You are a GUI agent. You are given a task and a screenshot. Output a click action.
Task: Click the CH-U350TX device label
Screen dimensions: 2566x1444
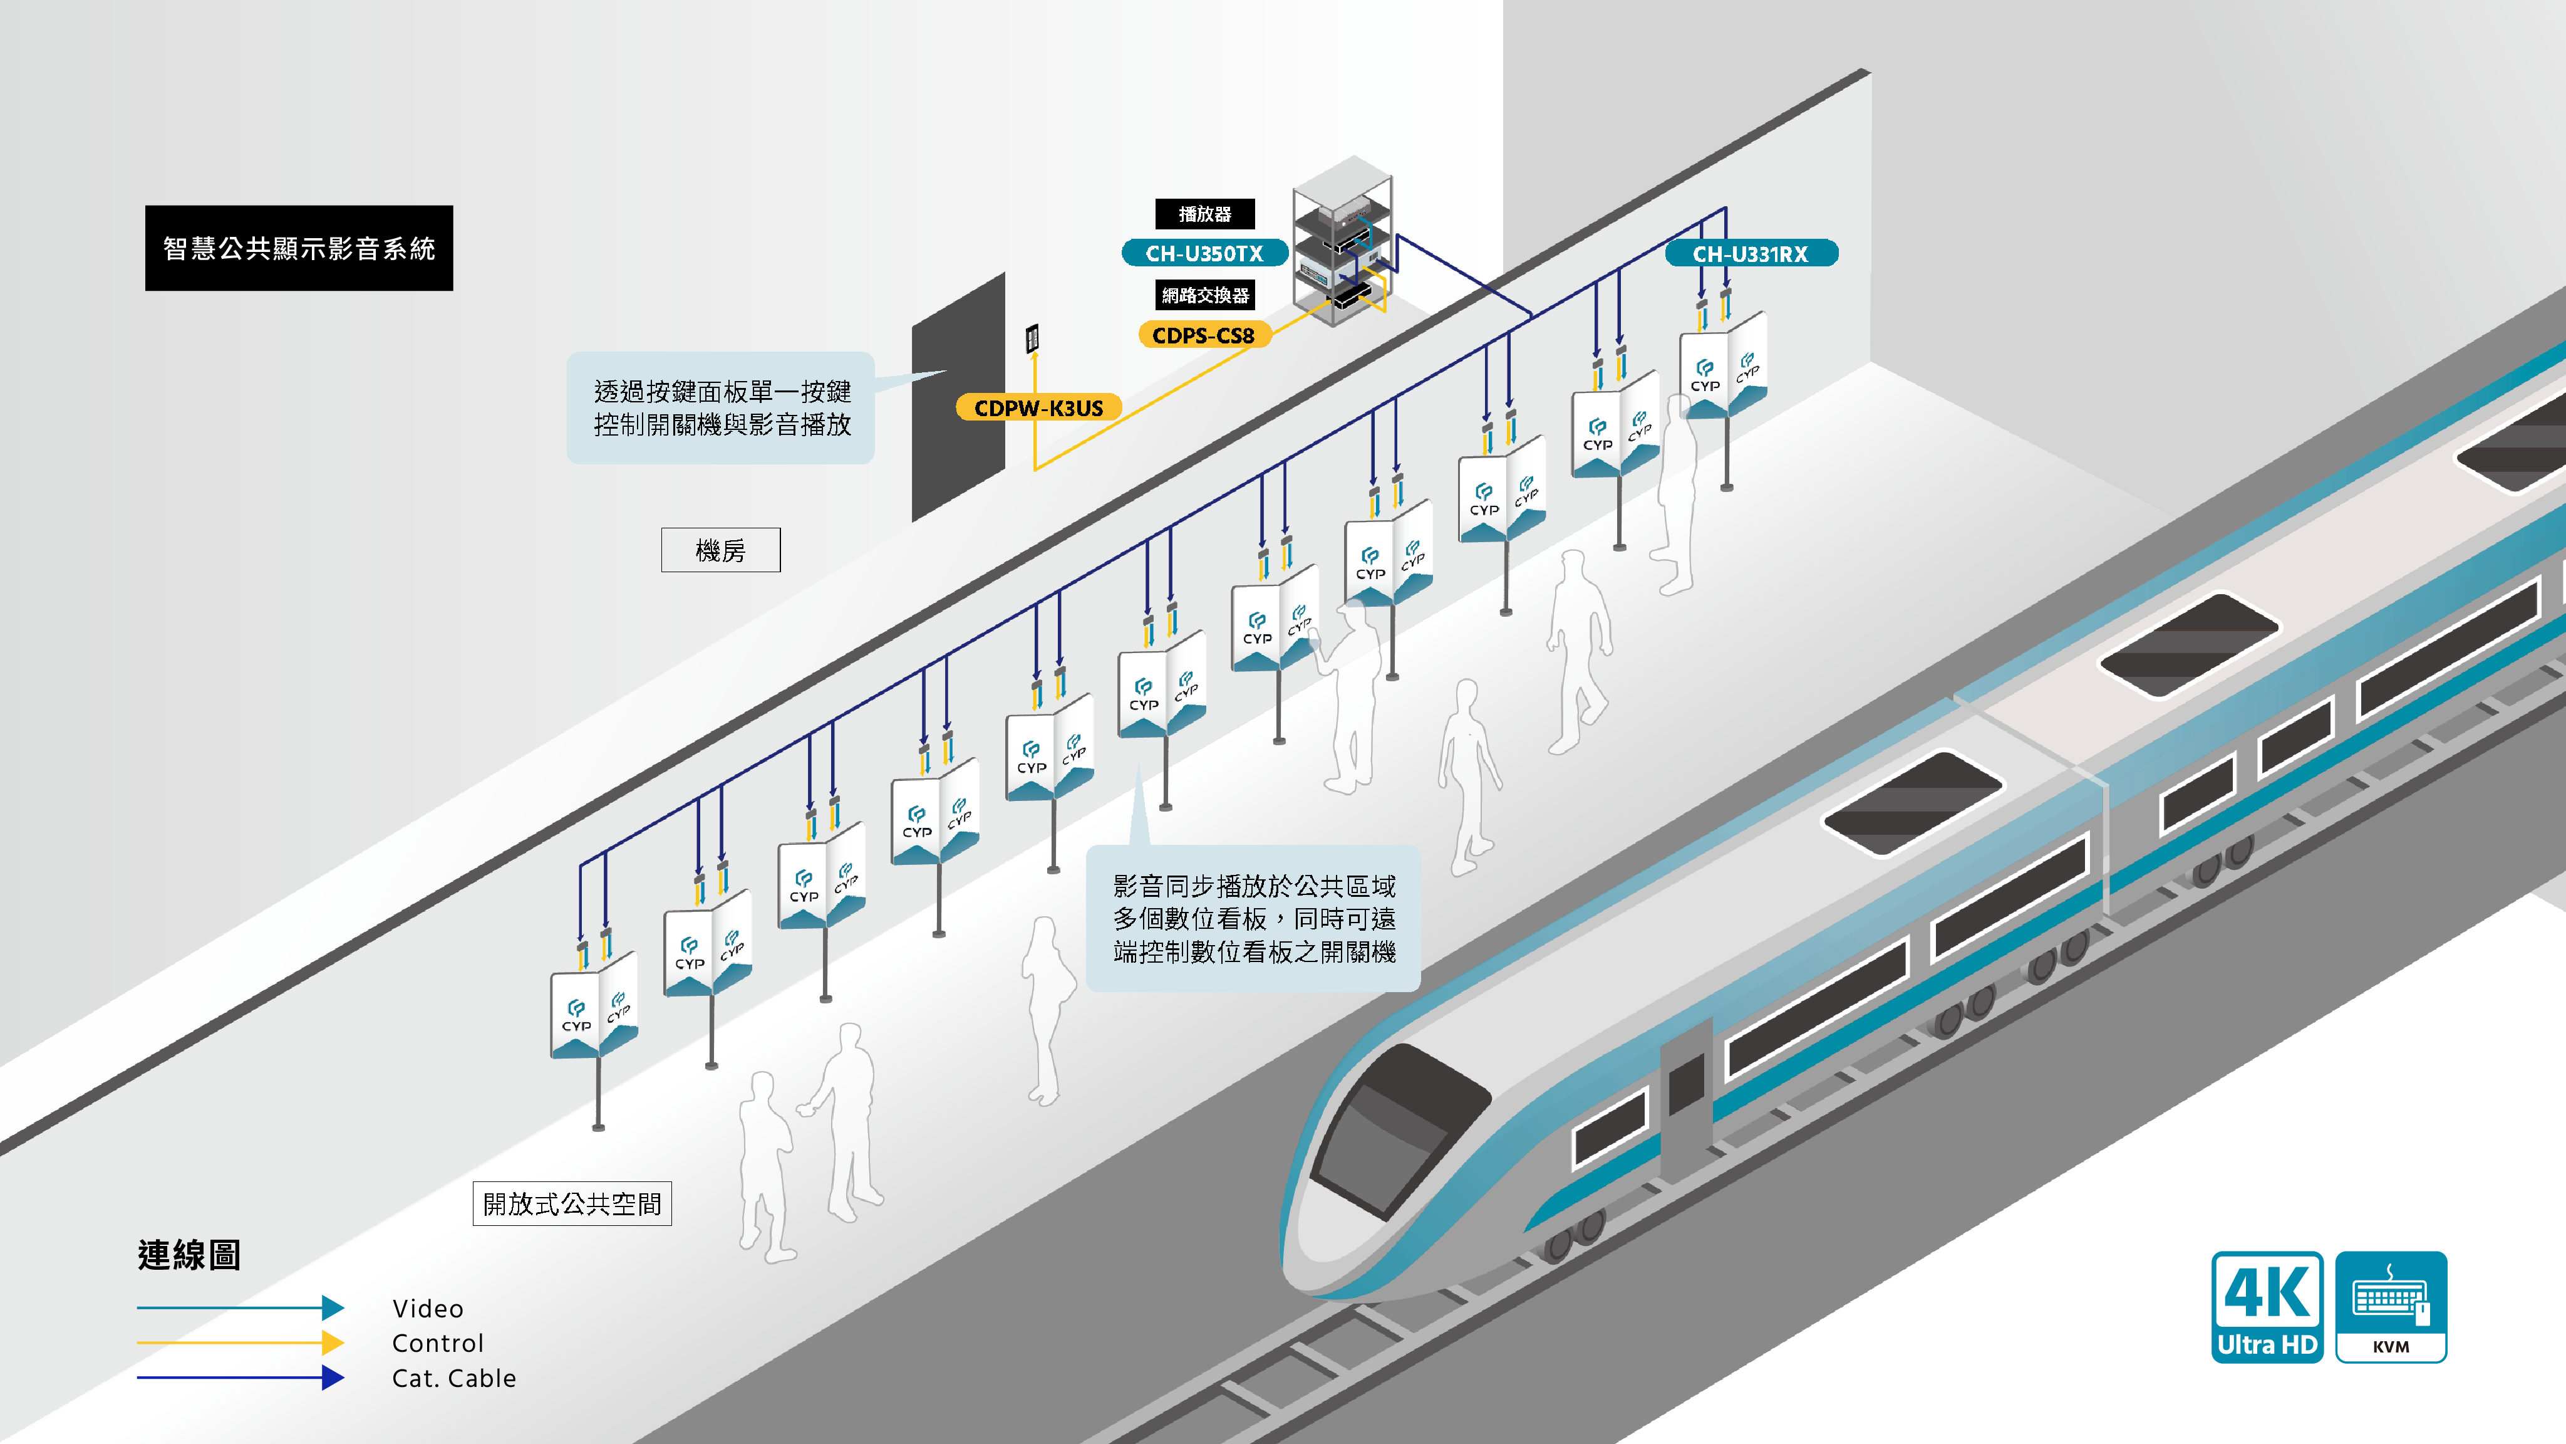tap(1204, 253)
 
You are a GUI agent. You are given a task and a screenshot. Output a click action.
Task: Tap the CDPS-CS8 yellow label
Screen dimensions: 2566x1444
tap(1204, 335)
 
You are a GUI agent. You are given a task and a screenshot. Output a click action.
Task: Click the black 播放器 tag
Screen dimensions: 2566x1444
tap(1204, 213)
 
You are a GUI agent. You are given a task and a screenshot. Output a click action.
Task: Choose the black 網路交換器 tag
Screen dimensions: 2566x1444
tap(1204, 295)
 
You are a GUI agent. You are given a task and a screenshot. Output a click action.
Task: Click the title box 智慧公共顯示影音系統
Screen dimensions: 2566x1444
tap(299, 248)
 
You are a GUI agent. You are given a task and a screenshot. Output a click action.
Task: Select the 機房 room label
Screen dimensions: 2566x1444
tap(720, 550)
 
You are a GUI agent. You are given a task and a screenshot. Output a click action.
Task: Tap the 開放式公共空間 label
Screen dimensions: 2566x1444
tap(572, 1204)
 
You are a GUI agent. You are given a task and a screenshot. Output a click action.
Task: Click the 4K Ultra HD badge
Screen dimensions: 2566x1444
tap(2267, 1307)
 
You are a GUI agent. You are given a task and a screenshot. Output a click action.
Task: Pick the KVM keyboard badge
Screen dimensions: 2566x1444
tap(2391, 1307)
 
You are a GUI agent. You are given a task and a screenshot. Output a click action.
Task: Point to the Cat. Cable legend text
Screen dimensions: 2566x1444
tap(454, 1378)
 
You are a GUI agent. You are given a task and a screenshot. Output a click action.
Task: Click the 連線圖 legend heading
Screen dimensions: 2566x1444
tap(189, 1255)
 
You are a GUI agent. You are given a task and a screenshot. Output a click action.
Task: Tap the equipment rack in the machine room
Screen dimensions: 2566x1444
tap(1342, 241)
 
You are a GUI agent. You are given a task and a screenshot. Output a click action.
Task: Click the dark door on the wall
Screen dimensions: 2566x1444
tap(958, 397)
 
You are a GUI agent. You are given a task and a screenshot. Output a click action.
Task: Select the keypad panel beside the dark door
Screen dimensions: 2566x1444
tap(1033, 339)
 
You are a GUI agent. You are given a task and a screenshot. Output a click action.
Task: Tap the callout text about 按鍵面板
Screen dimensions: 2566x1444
tap(722, 407)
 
